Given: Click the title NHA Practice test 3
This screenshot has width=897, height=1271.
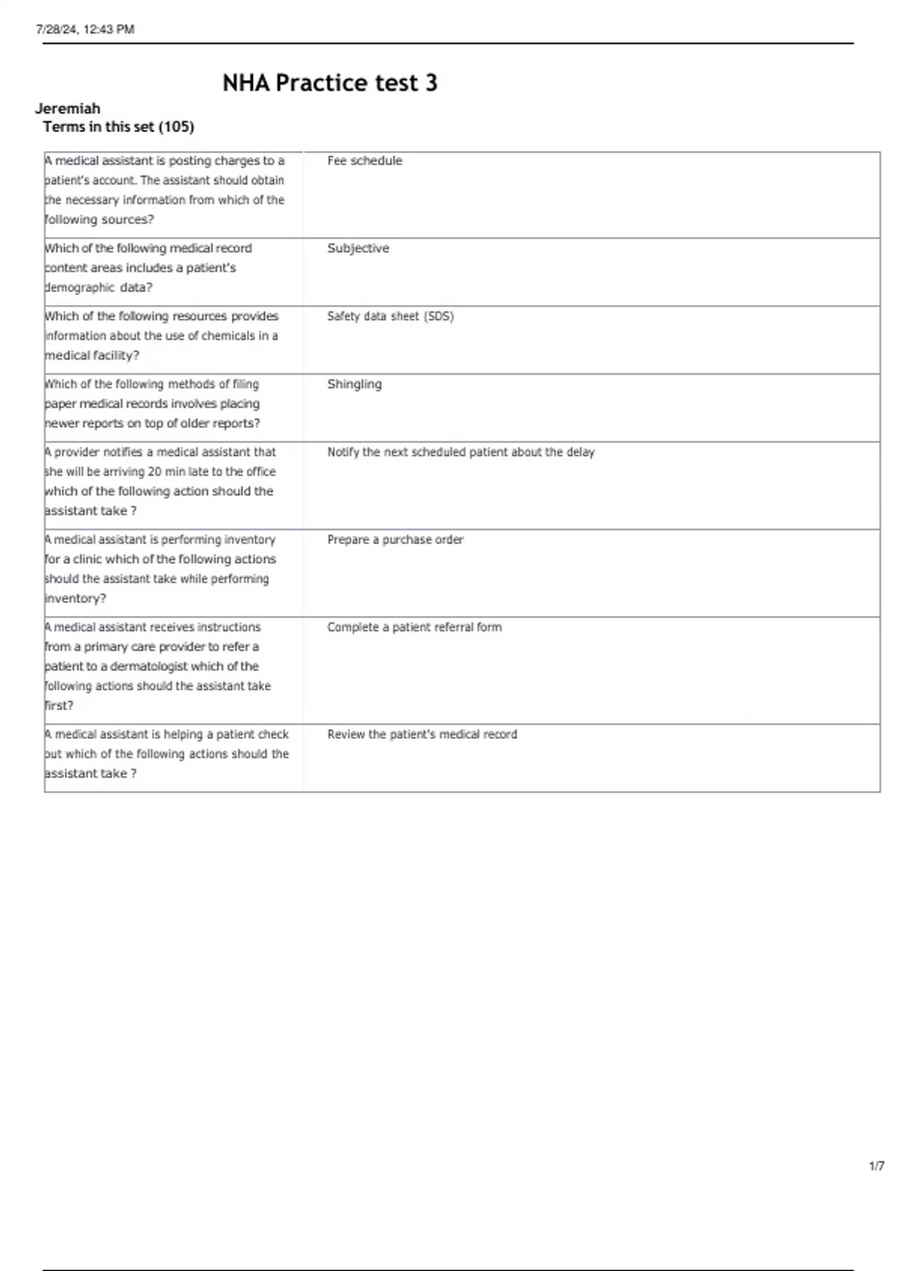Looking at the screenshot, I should (330, 83).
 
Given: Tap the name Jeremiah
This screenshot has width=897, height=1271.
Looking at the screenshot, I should (67, 108).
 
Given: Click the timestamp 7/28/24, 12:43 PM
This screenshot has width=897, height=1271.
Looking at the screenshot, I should (85, 29).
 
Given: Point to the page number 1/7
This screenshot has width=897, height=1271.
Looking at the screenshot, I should (876, 1166).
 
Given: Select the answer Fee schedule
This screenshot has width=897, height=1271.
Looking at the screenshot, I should (364, 161).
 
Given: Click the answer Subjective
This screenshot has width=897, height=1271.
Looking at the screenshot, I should (358, 248).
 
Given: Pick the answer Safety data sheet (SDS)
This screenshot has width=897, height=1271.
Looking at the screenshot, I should (390, 316).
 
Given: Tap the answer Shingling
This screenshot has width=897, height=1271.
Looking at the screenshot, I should (354, 384).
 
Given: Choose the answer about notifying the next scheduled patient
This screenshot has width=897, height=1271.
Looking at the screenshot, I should (460, 452).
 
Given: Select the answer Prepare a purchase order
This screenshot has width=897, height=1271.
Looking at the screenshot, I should (395, 540).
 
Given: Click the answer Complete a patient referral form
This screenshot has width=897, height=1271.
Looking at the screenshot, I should (414, 627).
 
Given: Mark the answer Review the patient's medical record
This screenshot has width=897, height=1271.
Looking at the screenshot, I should (422, 734).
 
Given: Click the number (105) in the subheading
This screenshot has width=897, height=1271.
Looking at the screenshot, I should (176, 127).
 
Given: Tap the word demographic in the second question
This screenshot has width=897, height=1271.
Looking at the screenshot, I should (80, 288).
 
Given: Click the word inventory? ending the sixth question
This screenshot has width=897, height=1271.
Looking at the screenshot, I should (75, 599).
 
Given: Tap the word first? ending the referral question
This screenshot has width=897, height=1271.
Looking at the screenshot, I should (59, 706).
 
